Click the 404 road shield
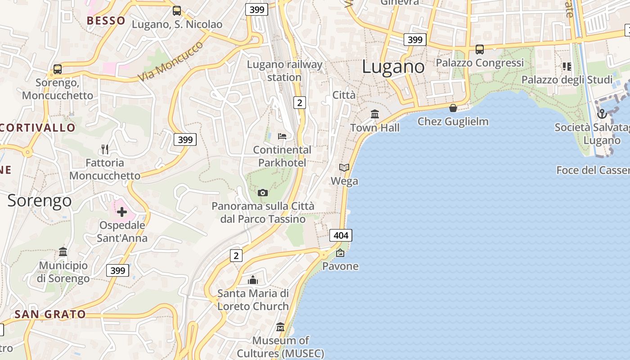click(x=341, y=235)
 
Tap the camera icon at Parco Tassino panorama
click(x=263, y=193)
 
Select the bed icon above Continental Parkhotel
click(x=282, y=136)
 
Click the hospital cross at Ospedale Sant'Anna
click(x=121, y=211)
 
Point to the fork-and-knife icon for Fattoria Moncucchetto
click(x=105, y=149)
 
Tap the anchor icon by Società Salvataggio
click(x=602, y=113)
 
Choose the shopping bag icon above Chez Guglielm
click(x=453, y=108)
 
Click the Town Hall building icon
click(x=375, y=114)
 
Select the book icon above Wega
click(x=344, y=167)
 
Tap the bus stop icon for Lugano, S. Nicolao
click(x=177, y=11)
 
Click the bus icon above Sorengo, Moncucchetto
click(x=58, y=69)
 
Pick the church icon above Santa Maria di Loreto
click(x=253, y=280)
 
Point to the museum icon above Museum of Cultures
click(x=280, y=327)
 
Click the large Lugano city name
click(x=393, y=67)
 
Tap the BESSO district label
click(x=106, y=21)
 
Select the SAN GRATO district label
click(x=50, y=314)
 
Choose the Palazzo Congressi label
click(x=480, y=63)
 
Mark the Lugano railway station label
click(x=284, y=71)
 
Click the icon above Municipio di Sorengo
click(x=63, y=252)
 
